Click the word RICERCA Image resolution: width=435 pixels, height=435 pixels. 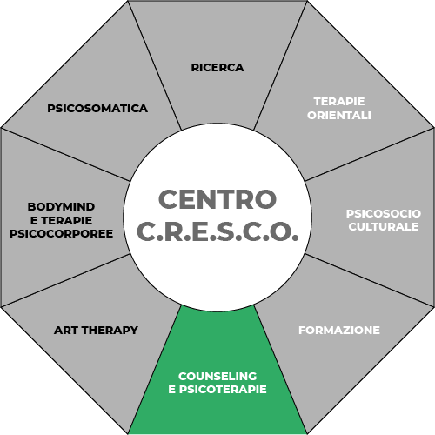tap(217, 68)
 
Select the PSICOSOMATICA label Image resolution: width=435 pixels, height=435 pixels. tap(97, 109)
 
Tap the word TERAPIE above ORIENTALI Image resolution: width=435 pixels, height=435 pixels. tap(339, 102)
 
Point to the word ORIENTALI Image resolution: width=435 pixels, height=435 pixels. tap(339, 115)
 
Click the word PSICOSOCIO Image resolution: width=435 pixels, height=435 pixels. tap(384, 213)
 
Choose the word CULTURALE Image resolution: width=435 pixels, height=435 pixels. tap(384, 226)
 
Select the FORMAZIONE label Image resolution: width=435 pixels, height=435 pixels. tap(339, 331)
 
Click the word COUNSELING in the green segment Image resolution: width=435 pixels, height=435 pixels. tap(217, 376)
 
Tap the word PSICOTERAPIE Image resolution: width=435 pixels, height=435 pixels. tap(223, 389)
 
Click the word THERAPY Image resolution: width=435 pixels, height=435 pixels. tap(110, 331)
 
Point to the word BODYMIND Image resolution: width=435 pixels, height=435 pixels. tap(61, 207)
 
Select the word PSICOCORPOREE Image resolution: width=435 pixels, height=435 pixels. tap(61, 233)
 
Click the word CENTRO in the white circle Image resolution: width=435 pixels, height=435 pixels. tap(217, 199)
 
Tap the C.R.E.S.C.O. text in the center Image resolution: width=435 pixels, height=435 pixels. tap(217, 231)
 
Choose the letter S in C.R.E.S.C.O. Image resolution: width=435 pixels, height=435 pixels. tap(226, 231)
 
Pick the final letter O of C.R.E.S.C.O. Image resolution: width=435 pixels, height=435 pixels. tap(281, 231)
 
